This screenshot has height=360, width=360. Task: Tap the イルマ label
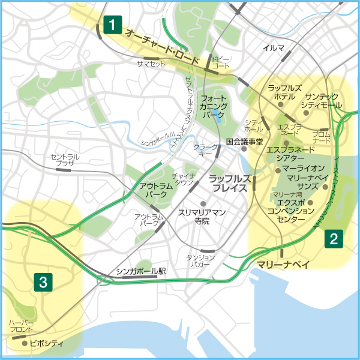[273, 47]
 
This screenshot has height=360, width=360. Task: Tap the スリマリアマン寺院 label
[202, 217]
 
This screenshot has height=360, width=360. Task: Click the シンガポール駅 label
[140, 271]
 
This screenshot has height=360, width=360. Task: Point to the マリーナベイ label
[278, 263]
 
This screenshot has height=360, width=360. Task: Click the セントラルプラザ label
[62, 160]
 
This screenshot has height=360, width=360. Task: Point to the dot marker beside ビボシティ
[24, 344]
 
